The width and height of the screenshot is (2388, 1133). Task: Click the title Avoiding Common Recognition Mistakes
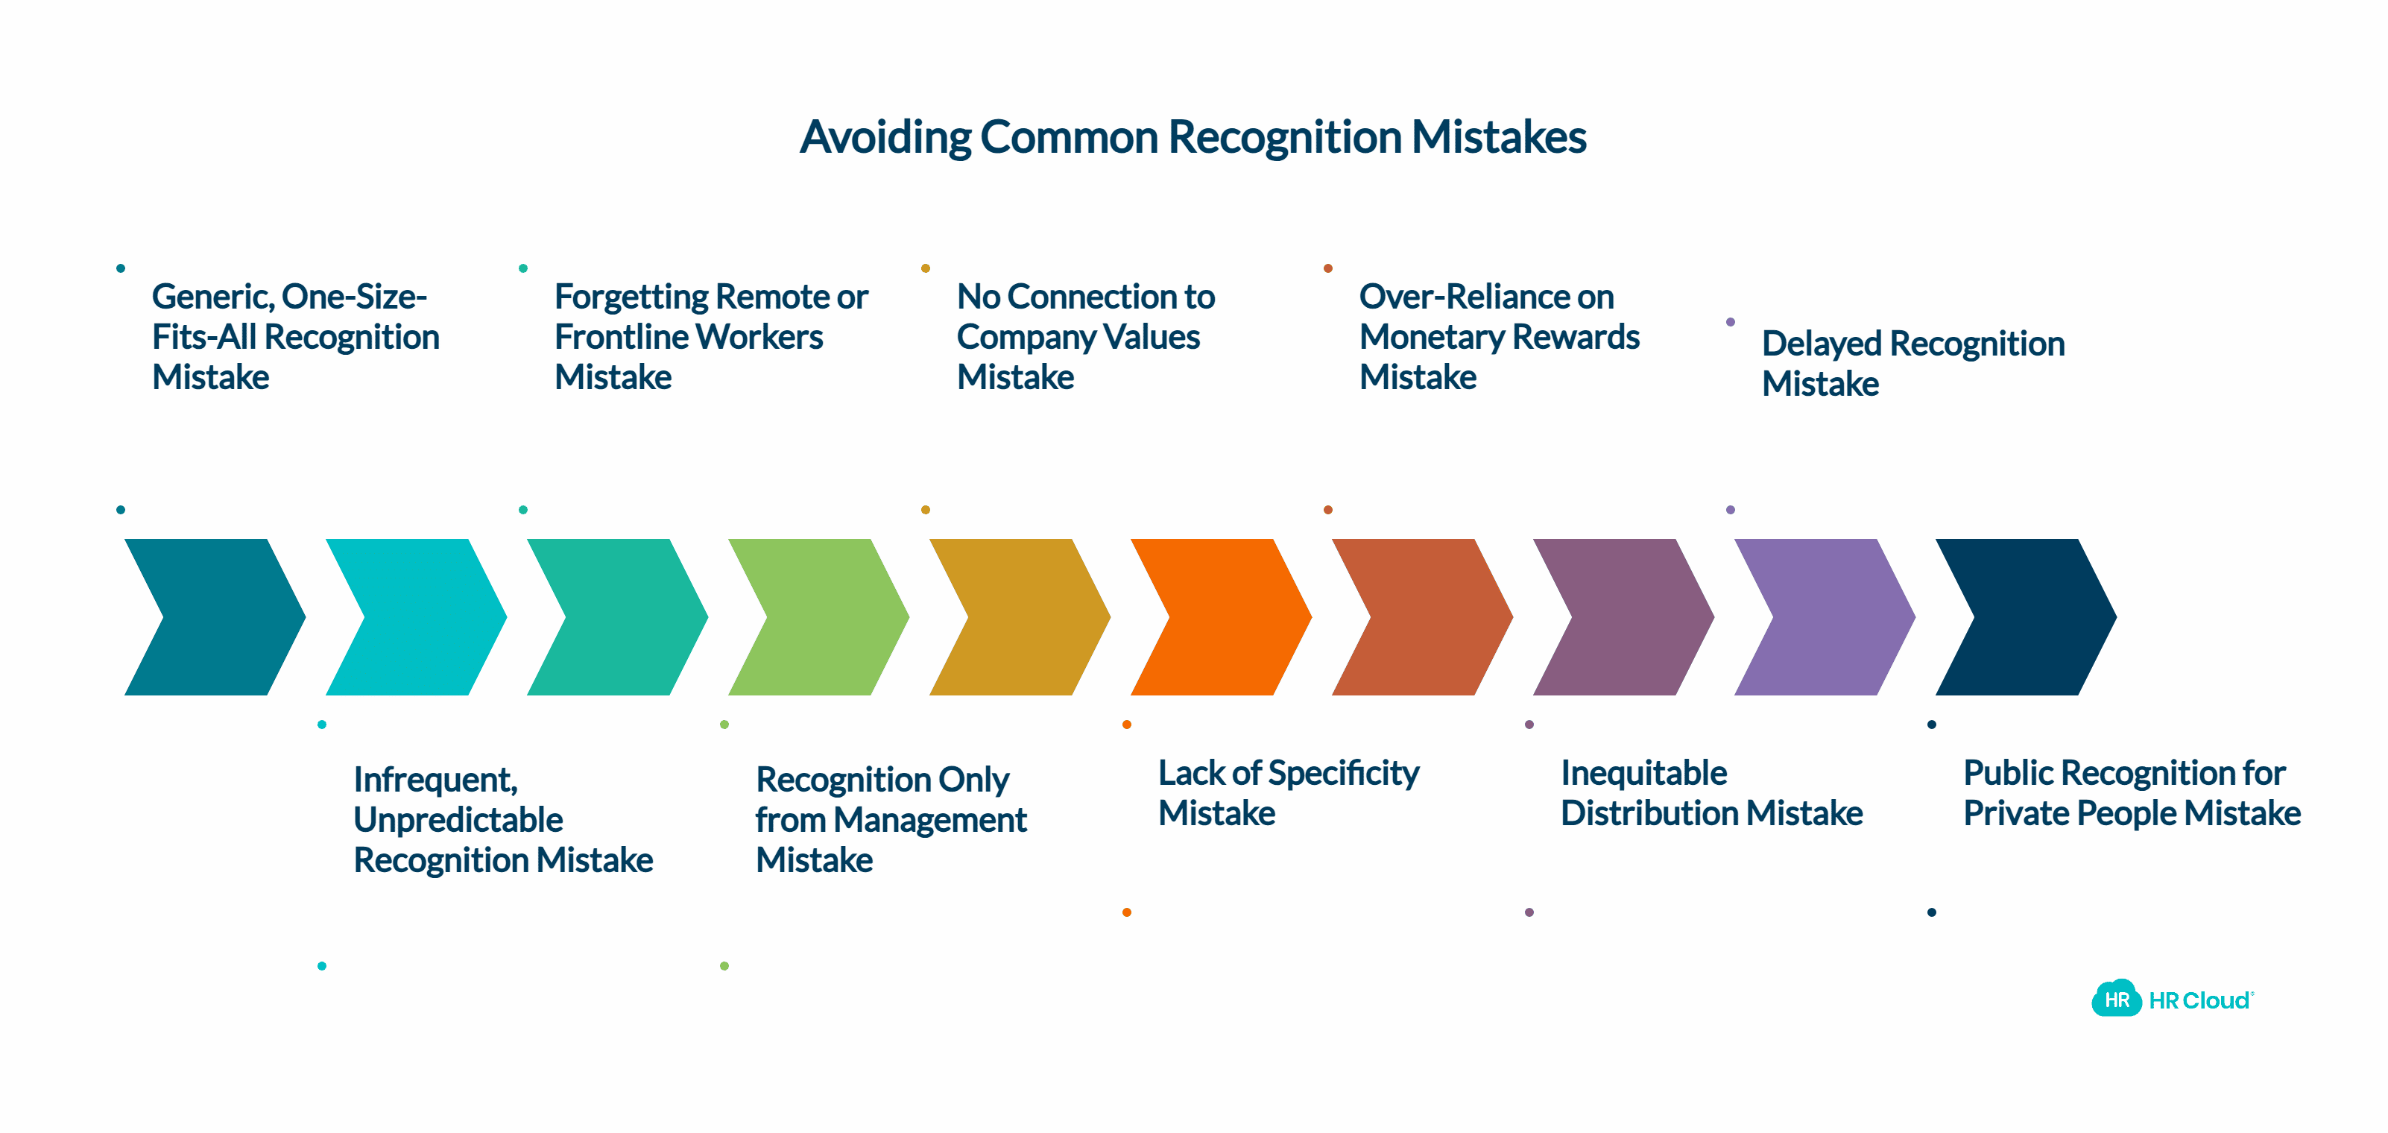click(x=1193, y=137)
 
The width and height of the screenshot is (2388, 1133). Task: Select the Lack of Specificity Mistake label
click(x=1288, y=793)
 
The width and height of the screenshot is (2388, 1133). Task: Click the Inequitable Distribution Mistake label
click(x=1711, y=793)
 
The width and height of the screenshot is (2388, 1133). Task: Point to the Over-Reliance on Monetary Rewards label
click(x=1499, y=337)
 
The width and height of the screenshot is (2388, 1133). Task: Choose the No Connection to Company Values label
click(x=1085, y=337)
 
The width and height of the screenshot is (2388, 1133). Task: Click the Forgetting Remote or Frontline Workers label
click(x=710, y=337)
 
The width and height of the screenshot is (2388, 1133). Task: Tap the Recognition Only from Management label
click(x=891, y=820)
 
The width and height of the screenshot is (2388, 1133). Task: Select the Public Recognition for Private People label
click(x=2131, y=793)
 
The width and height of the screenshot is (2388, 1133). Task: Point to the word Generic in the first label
click(x=212, y=297)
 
